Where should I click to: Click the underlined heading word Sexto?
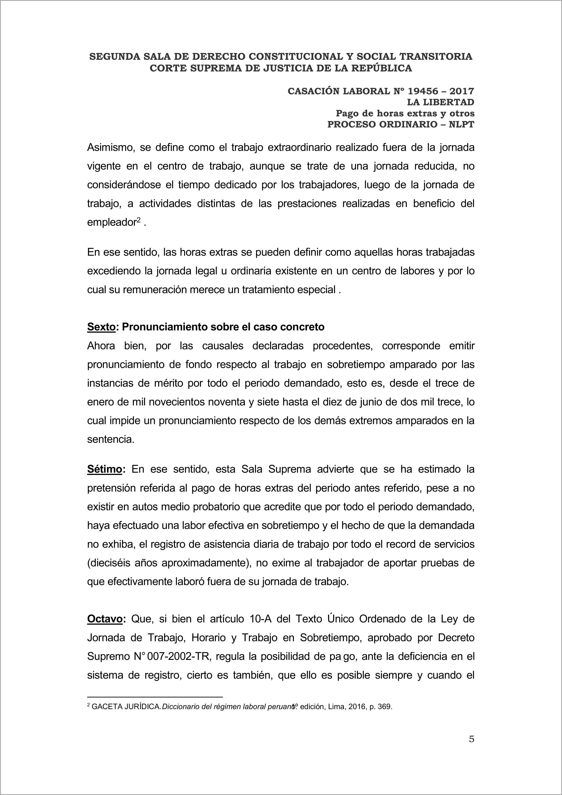pyautogui.click(x=101, y=327)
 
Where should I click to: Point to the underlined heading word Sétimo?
pyautogui.click(x=105, y=469)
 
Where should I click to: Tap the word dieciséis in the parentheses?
pyautogui.click(x=112, y=563)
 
